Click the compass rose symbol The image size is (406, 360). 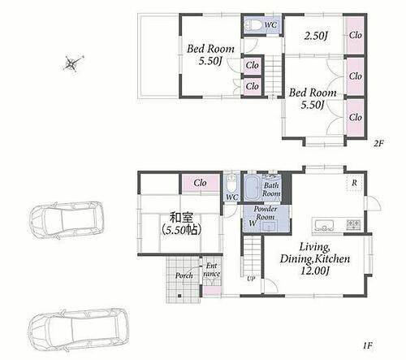pos(72,63)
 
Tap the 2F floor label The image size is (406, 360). pos(378,143)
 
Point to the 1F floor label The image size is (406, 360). pos(368,345)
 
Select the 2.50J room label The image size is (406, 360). pos(316,36)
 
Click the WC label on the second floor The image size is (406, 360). pos(270,25)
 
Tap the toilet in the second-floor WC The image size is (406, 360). pos(253,25)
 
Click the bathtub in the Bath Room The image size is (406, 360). pos(252,189)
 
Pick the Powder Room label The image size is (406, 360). pos(266,213)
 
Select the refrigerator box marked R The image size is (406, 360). pos(354,184)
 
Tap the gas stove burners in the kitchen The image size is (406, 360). pos(353,224)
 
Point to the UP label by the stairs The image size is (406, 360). pos(251,279)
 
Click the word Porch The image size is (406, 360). pos(184,275)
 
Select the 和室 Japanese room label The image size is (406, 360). pos(181,217)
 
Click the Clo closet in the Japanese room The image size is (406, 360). pos(201,183)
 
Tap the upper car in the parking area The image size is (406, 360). pos(67,220)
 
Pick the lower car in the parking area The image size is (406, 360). pos(79,330)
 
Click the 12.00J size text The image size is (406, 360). pos(315,271)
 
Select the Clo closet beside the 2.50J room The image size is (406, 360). pos(355,35)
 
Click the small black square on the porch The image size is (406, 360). pos(179,296)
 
